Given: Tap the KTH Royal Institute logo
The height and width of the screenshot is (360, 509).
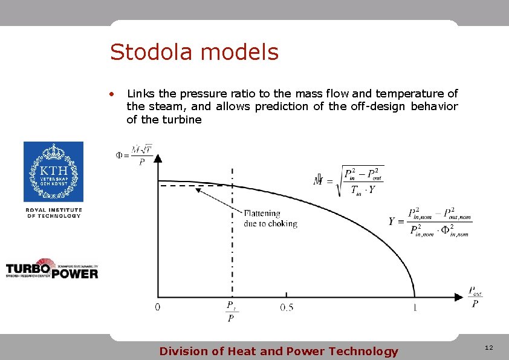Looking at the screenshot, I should [53, 172].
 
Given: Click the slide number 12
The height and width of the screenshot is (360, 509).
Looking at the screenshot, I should [488, 348].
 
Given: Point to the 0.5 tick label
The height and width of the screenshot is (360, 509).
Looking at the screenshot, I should [287, 307].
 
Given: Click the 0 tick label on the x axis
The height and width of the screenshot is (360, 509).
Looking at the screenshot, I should [158, 307].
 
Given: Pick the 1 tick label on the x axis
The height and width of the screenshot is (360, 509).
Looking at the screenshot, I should [415, 307].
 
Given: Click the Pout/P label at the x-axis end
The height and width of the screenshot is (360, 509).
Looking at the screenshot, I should [475, 297].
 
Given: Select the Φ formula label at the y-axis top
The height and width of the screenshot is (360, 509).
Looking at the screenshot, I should [134, 154].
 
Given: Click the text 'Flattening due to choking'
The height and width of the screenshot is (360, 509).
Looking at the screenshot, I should [270, 218].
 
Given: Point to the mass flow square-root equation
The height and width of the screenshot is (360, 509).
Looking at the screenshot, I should [349, 181].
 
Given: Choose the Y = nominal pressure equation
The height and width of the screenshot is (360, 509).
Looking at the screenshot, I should [430, 222].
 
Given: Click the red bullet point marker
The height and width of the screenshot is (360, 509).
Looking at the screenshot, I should [111, 94].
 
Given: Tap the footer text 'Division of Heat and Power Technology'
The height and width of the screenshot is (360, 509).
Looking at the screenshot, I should [279, 352].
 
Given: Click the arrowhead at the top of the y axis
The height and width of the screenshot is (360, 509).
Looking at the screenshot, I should [158, 158].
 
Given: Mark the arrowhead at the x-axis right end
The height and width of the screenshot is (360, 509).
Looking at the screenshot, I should [459, 297].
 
